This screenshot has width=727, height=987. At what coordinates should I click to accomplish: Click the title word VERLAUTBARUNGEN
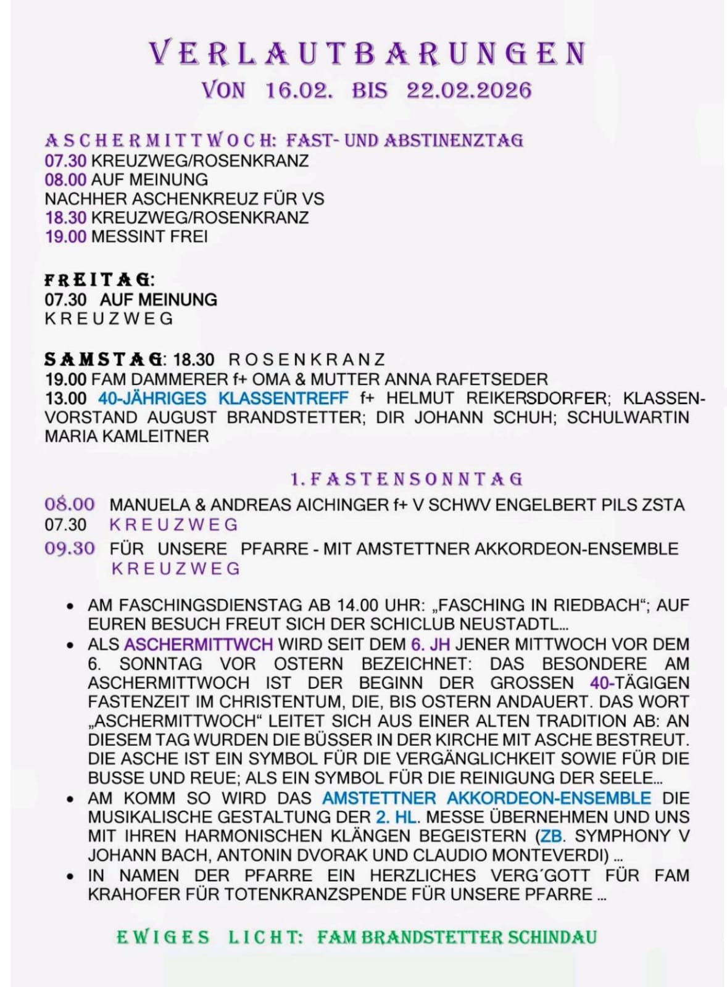click(368, 53)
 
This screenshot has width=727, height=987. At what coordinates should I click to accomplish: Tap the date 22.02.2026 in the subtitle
click(468, 91)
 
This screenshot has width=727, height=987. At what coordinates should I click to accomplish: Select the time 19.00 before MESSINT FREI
click(65, 236)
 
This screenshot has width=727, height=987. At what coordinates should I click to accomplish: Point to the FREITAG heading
click(97, 280)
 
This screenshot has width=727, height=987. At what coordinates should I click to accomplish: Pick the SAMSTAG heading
click(103, 359)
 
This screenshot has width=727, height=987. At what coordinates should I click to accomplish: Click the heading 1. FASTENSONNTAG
click(407, 479)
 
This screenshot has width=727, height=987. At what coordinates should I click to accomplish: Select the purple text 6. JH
click(430, 644)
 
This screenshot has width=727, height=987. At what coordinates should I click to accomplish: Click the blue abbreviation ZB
click(551, 836)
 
